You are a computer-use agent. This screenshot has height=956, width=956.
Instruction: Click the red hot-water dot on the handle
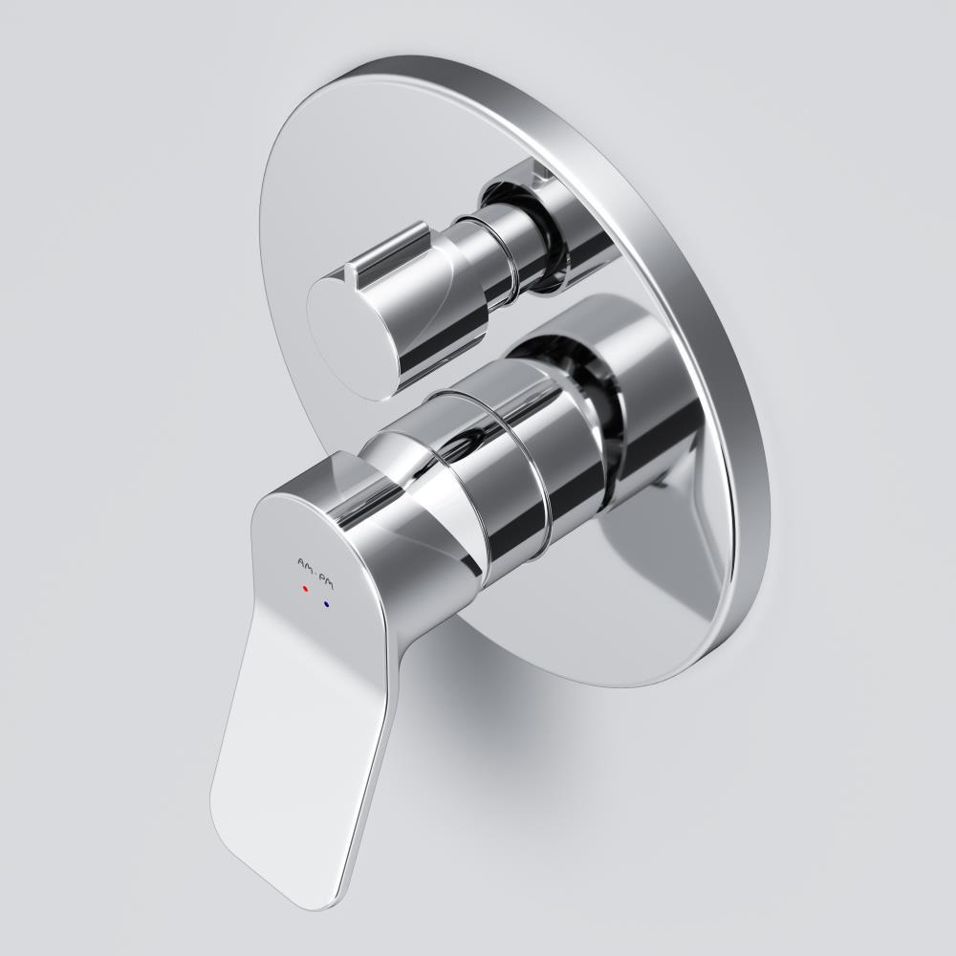[x=305, y=591]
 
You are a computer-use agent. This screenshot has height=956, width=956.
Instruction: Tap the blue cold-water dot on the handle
[x=327, y=604]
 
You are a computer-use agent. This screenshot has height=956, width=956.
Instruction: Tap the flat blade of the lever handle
[x=277, y=746]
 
